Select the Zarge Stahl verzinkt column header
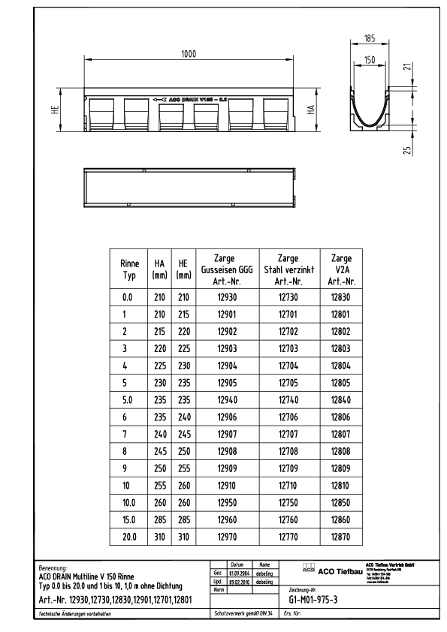point(288,269)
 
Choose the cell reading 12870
point(342,537)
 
